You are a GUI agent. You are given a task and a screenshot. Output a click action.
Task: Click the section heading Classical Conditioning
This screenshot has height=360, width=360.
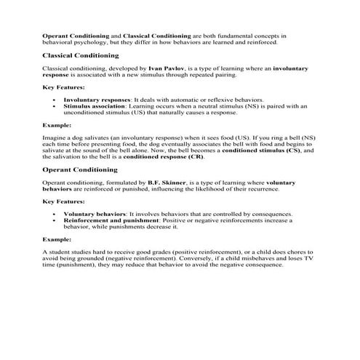(81, 55)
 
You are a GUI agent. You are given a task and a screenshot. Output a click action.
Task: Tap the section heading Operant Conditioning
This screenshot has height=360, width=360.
(80, 169)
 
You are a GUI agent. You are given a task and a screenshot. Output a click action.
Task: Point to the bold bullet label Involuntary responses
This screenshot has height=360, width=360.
(96, 98)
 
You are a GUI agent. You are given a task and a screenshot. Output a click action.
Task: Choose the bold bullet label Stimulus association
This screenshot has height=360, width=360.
(94, 105)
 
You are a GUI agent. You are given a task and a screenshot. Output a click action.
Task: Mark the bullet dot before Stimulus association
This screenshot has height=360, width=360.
(55, 105)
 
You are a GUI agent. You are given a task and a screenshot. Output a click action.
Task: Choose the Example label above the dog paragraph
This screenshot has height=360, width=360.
(57, 124)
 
